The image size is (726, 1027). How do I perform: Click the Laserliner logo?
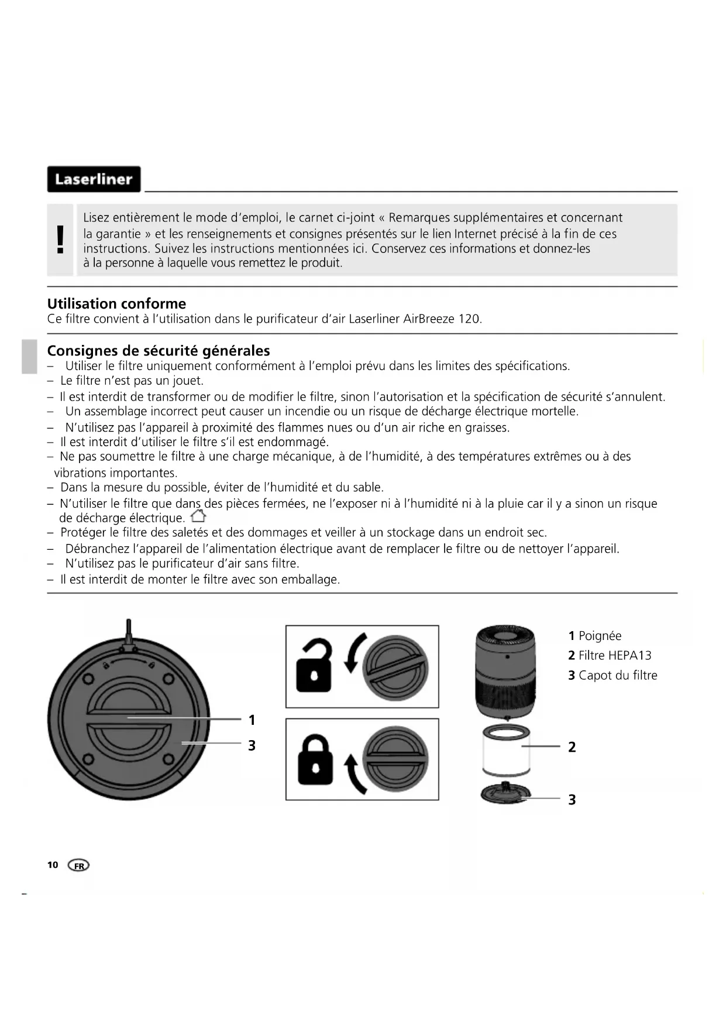(x=94, y=179)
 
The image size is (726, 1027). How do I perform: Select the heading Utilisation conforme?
(x=116, y=303)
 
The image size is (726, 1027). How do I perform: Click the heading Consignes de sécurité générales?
(x=158, y=350)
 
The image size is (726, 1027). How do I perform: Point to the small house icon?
(x=199, y=516)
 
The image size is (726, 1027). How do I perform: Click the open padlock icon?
(x=314, y=666)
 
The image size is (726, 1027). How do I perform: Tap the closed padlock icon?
(x=315, y=759)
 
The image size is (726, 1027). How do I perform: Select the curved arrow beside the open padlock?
(x=355, y=652)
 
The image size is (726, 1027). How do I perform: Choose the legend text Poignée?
(x=600, y=636)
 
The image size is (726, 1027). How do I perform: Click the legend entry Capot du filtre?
(x=617, y=675)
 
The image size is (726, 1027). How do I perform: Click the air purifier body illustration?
(x=505, y=671)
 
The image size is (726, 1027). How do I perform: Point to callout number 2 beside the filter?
(x=572, y=747)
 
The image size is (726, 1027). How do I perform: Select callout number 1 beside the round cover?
(x=252, y=720)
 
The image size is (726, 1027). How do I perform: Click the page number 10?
(x=53, y=865)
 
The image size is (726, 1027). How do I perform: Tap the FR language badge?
(x=79, y=865)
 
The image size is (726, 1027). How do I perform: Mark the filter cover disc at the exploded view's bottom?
(x=505, y=795)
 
